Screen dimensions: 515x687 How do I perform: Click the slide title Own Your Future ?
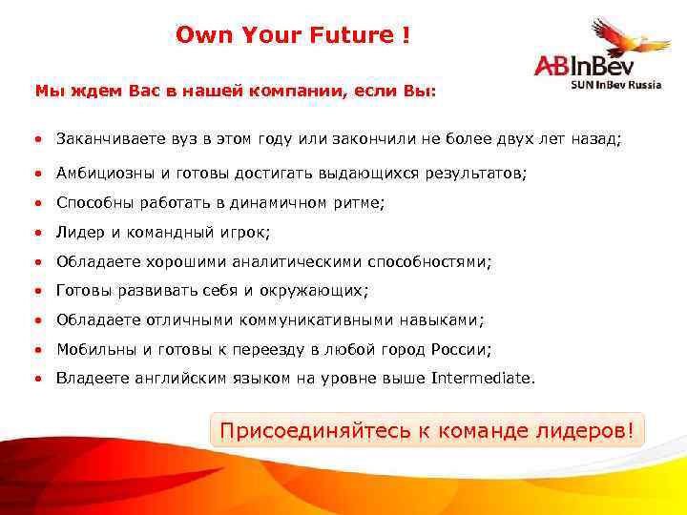(x=293, y=35)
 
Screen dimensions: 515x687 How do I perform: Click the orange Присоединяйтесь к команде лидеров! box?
(x=427, y=430)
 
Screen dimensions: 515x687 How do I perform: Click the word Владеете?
(x=94, y=378)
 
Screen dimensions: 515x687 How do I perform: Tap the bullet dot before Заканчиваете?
(x=39, y=139)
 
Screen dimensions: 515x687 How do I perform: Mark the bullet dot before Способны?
(x=39, y=203)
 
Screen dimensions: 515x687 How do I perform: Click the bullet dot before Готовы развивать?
(x=39, y=290)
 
